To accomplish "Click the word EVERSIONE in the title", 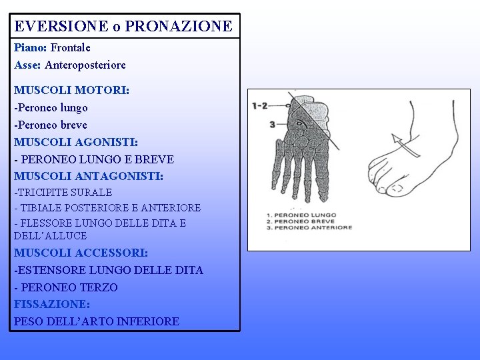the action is [61, 26].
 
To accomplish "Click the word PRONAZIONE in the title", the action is [179, 26].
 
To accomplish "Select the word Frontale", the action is [71, 48].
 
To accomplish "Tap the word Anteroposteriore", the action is [85, 65].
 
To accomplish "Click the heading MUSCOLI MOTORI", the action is [71, 90].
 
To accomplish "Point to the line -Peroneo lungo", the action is [51, 108].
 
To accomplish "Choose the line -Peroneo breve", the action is [51, 125].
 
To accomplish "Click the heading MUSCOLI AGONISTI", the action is [76, 143].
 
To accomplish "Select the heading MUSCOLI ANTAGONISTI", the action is [89, 176].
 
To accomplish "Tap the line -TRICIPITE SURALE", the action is [63, 193].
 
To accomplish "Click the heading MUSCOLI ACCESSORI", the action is [81, 253].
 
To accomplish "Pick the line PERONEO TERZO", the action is [69, 287].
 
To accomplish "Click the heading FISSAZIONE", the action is [52, 304].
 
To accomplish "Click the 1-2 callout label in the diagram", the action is [259, 106].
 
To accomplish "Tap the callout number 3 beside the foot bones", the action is [273, 125].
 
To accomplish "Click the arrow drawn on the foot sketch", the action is [405, 145].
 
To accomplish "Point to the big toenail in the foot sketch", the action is [397, 188].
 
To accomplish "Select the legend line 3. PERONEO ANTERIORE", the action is [309, 228].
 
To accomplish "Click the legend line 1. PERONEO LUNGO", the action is [301, 215].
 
